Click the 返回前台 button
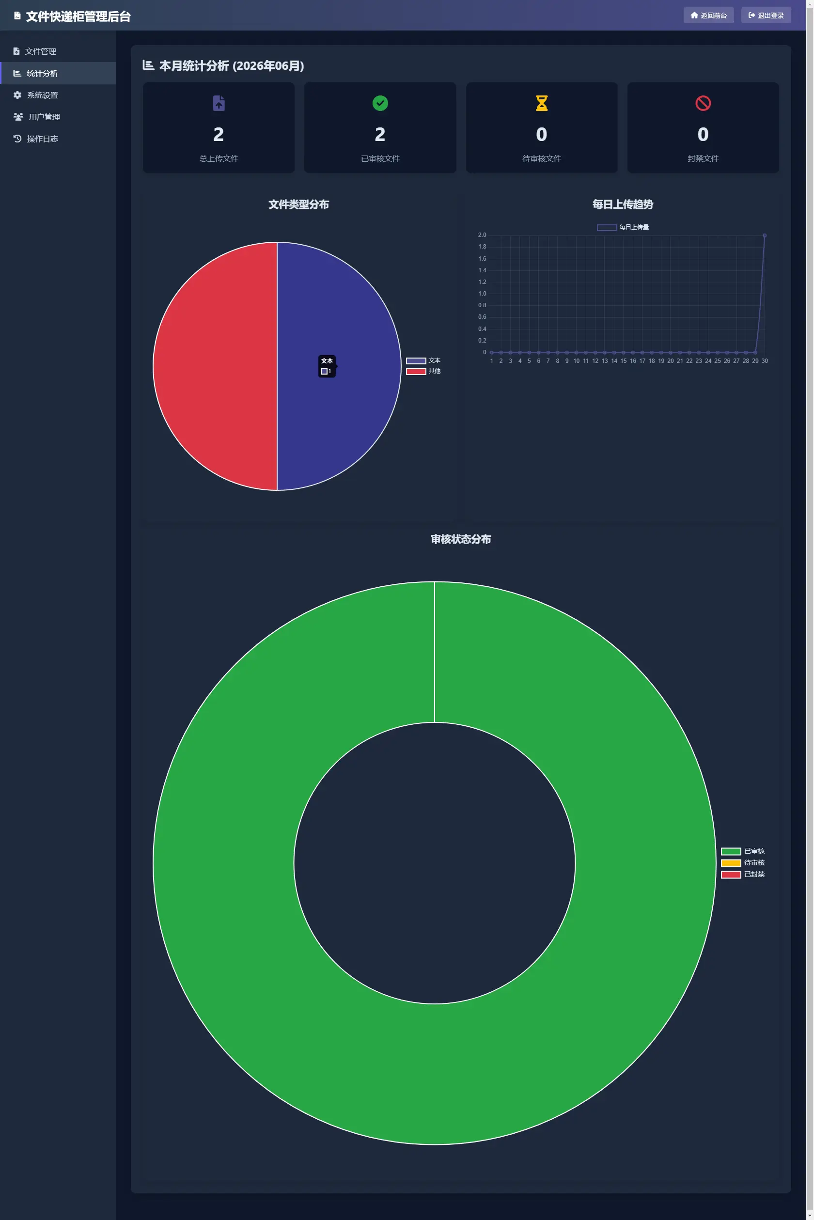point(708,16)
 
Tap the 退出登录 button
point(766,16)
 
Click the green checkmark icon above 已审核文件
point(380,103)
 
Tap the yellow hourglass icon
point(542,103)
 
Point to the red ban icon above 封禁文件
point(703,103)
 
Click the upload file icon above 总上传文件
point(219,103)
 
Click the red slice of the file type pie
point(215,366)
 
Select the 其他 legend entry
point(423,371)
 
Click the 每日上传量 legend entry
point(623,227)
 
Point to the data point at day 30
point(764,235)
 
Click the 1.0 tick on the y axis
point(482,294)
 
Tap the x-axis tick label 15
point(624,361)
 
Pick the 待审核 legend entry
point(743,863)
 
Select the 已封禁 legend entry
point(743,874)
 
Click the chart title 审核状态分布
point(461,539)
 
